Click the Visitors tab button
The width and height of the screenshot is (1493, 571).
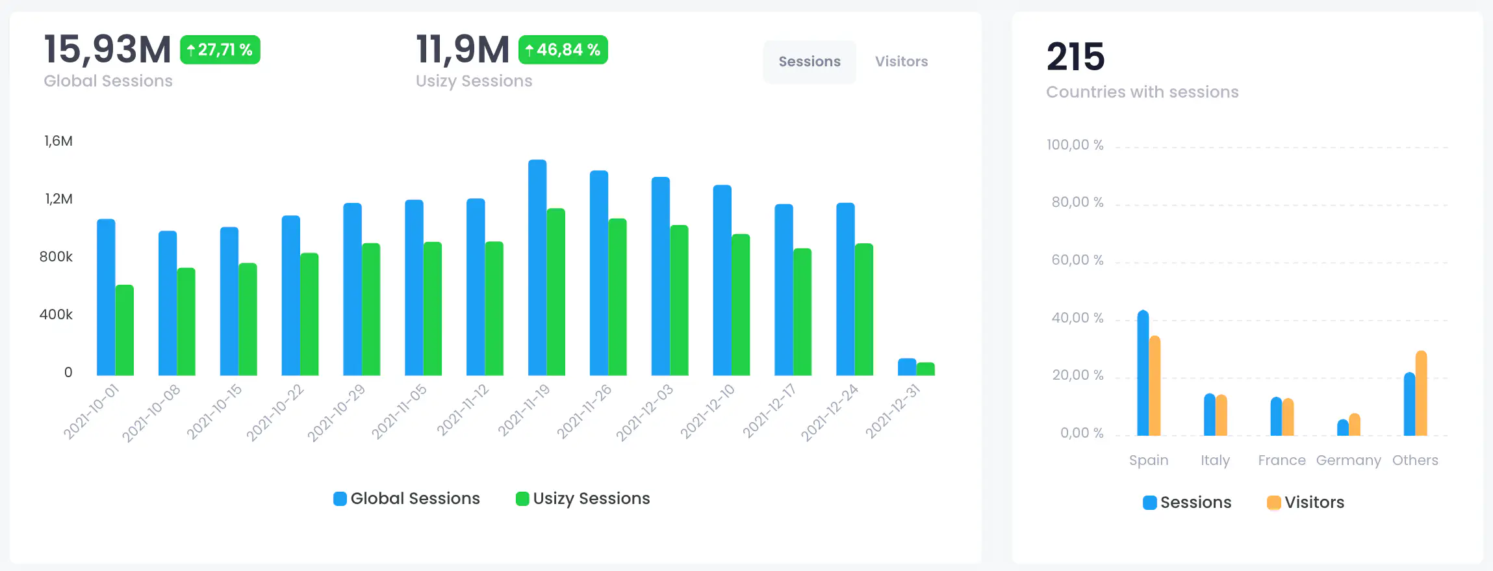coord(901,62)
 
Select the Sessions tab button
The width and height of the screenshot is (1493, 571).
coord(810,62)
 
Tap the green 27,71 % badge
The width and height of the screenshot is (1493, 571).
coord(220,50)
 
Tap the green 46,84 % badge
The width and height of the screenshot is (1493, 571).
coord(563,50)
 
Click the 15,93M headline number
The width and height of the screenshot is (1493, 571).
coord(107,49)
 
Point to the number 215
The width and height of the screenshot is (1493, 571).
coord(1075,57)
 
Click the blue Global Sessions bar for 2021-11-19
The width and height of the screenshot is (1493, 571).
coord(537,267)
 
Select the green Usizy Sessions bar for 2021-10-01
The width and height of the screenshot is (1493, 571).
coord(125,330)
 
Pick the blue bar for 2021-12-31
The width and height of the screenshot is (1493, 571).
coord(906,367)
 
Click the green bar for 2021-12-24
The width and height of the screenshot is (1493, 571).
coord(864,309)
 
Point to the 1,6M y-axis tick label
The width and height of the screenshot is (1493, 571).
coord(58,141)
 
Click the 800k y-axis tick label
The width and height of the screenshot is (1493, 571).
coord(56,257)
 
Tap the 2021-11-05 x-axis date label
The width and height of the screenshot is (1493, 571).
coord(400,411)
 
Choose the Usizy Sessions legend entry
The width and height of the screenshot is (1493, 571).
coord(583,499)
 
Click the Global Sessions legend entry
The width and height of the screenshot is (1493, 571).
coord(407,499)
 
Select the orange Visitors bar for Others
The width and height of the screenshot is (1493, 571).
coord(1421,393)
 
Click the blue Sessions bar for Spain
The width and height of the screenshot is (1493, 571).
coord(1143,373)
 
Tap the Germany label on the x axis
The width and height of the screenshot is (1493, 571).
coord(1348,460)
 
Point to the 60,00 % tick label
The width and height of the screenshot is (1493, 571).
coord(1077,260)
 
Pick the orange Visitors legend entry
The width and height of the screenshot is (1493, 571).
coord(1306,503)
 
